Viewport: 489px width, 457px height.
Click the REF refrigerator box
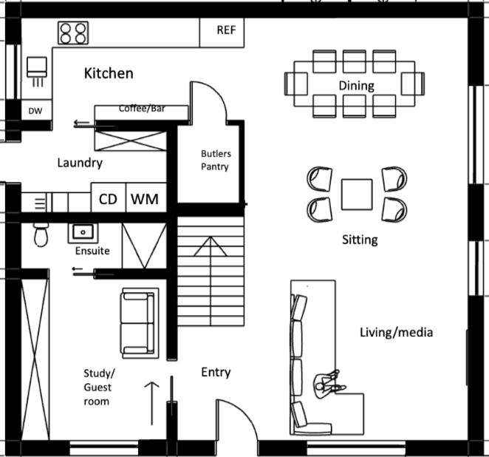coord(222,33)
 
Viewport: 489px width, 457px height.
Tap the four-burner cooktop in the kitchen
coord(73,33)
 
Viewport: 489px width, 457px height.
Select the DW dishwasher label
coord(35,111)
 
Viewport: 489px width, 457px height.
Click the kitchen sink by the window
coord(37,71)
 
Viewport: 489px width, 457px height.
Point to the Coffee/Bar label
coord(142,108)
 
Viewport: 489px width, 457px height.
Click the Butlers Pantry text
coord(216,160)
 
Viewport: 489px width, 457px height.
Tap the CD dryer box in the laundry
coord(109,197)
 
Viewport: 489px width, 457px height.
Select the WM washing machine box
coord(146,197)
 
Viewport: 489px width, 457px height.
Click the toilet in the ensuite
coord(41,234)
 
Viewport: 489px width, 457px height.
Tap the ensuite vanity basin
coord(83,232)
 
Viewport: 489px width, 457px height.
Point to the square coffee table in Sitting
coord(357,194)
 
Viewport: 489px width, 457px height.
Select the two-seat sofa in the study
coord(140,323)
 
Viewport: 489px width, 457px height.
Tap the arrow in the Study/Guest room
coord(152,403)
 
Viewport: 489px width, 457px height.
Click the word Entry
coord(216,372)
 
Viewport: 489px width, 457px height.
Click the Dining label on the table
coord(357,86)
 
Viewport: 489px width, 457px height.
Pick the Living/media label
coord(397,333)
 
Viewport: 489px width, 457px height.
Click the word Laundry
coord(81,163)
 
